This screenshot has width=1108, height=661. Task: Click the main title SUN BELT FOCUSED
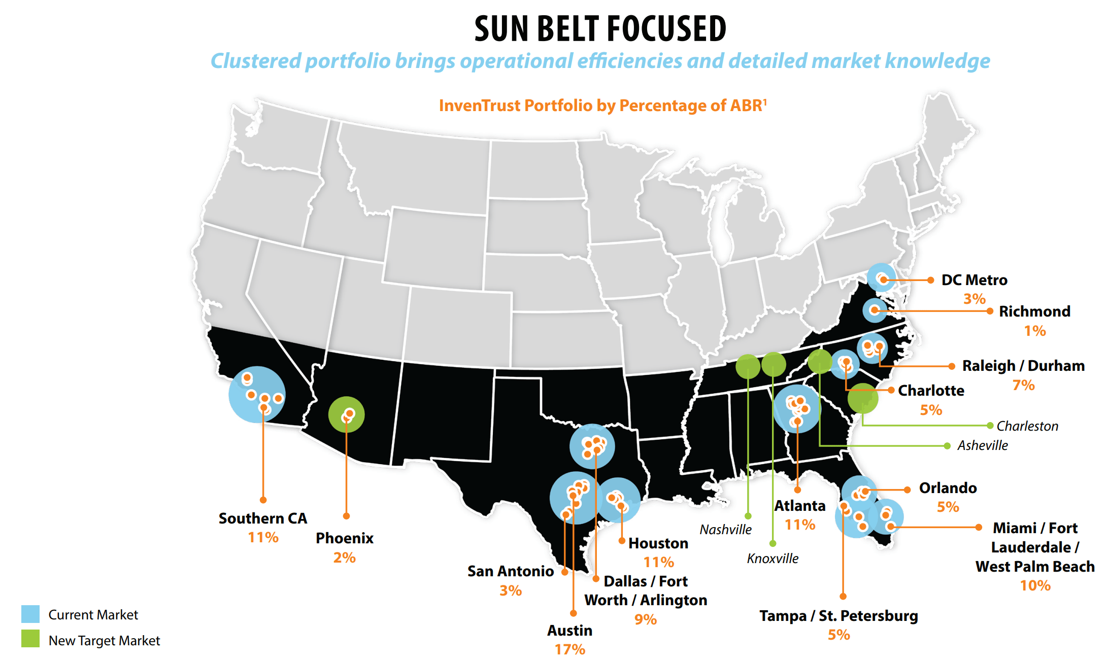[600, 29]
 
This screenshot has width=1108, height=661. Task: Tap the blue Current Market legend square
[30, 614]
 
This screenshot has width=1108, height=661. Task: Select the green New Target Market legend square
[30, 639]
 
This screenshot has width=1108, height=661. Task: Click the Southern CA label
[263, 518]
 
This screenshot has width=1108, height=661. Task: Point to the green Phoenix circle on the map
[346, 414]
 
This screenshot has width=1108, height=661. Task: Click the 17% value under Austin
[569, 649]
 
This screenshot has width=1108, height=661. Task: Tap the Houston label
[658, 543]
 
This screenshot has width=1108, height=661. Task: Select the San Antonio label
[510, 571]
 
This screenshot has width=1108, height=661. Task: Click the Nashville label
[725, 530]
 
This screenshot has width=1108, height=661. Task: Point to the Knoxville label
[773, 559]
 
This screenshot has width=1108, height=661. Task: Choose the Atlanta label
[800, 506]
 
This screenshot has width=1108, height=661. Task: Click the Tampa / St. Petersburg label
[838, 616]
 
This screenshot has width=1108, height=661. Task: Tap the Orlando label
[948, 488]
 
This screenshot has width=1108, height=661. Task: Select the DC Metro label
[974, 280]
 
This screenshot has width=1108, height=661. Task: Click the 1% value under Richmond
[1035, 331]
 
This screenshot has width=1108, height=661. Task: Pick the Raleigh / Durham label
[1023, 366]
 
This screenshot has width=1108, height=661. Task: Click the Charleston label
[1027, 426]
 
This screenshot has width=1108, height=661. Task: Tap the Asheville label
[983, 445]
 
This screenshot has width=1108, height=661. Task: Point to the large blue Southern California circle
[257, 394]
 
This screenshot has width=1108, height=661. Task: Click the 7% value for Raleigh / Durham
[1023, 385]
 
